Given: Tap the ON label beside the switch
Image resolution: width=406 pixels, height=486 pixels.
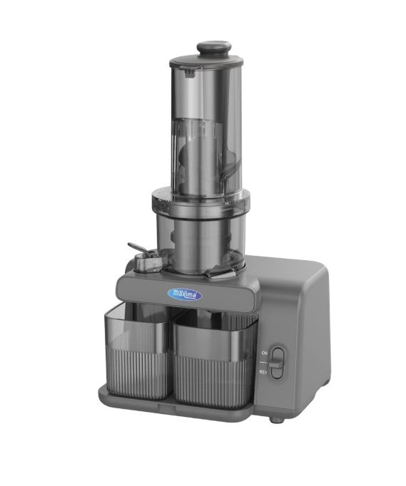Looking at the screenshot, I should pyautogui.click(x=265, y=352).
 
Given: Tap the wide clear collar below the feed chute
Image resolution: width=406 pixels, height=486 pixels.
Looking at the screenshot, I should pyautogui.click(x=203, y=201).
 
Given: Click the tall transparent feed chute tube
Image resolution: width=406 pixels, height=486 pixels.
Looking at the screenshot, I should pyautogui.click(x=207, y=114).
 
